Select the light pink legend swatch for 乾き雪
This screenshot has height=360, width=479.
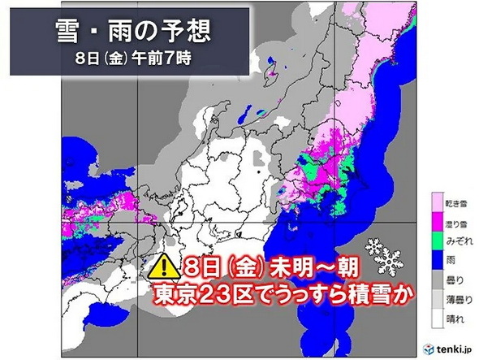point(436,202)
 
